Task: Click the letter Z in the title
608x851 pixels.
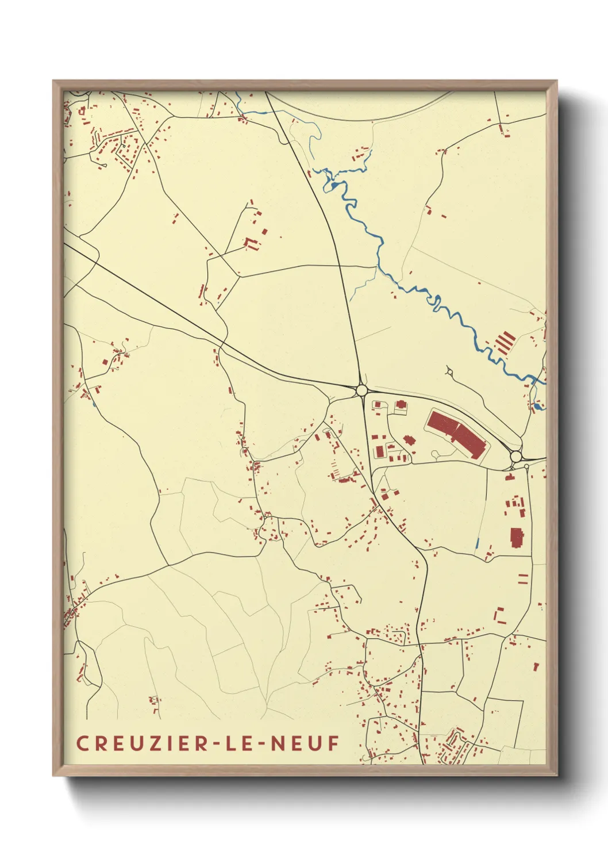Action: point(155,743)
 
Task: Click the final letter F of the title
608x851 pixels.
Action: point(333,743)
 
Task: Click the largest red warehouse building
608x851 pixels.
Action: point(456,434)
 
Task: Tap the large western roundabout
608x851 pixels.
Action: point(361,390)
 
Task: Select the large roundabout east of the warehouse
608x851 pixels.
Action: point(516,457)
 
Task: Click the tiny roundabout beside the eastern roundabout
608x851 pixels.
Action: point(526,466)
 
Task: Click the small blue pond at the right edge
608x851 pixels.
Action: point(537,407)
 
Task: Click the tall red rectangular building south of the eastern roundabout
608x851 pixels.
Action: point(516,538)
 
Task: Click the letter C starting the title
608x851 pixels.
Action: point(82,743)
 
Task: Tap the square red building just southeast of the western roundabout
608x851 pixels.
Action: point(378,405)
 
